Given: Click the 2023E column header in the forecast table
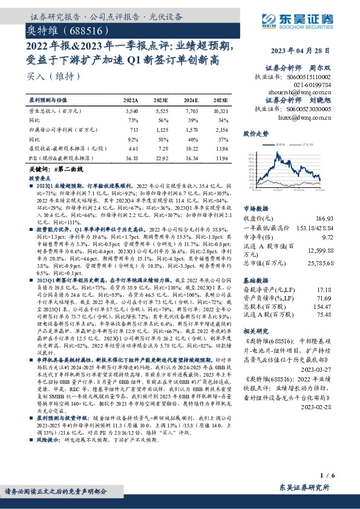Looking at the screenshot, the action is click(x=161, y=100).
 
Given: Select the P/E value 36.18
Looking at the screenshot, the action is click(x=130, y=157).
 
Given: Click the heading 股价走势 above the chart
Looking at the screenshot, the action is click(x=255, y=133).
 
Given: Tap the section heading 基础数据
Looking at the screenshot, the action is click(x=255, y=281).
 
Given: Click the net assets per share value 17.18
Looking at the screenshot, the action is click(x=342, y=291).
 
